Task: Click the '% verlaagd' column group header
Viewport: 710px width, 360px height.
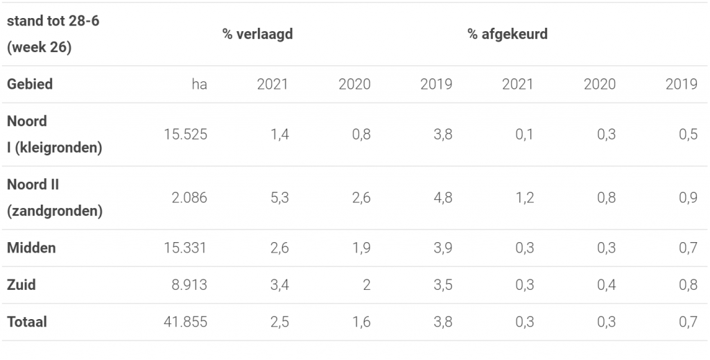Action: pyautogui.click(x=257, y=34)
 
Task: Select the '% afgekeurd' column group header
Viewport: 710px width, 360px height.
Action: pyautogui.click(x=507, y=34)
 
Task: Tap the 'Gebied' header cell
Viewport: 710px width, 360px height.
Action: pyautogui.click(x=30, y=85)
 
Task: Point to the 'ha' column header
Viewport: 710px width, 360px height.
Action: pyautogui.click(x=199, y=85)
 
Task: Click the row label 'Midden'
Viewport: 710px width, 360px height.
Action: pyautogui.click(x=31, y=248)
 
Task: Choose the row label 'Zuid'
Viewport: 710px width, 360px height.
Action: pyautogui.click(x=21, y=284)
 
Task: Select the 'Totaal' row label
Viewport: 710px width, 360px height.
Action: pyautogui.click(x=27, y=322)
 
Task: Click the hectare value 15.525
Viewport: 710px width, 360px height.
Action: pyautogui.click(x=185, y=135)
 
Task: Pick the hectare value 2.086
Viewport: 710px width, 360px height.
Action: pyautogui.click(x=189, y=198)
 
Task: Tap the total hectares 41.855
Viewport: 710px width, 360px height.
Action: pyautogui.click(x=185, y=322)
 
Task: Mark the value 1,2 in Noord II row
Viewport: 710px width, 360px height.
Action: pyautogui.click(x=524, y=198)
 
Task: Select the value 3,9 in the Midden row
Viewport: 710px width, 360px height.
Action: pyautogui.click(x=442, y=248)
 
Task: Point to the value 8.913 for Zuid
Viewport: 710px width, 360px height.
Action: pyautogui.click(x=189, y=284)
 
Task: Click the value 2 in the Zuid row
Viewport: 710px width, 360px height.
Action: pyautogui.click(x=366, y=284)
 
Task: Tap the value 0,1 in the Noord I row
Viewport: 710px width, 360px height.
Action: pyautogui.click(x=524, y=135)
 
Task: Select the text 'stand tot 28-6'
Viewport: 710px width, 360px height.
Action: pyautogui.click(x=53, y=21)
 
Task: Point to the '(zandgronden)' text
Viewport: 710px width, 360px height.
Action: pyautogui.click(x=55, y=212)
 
